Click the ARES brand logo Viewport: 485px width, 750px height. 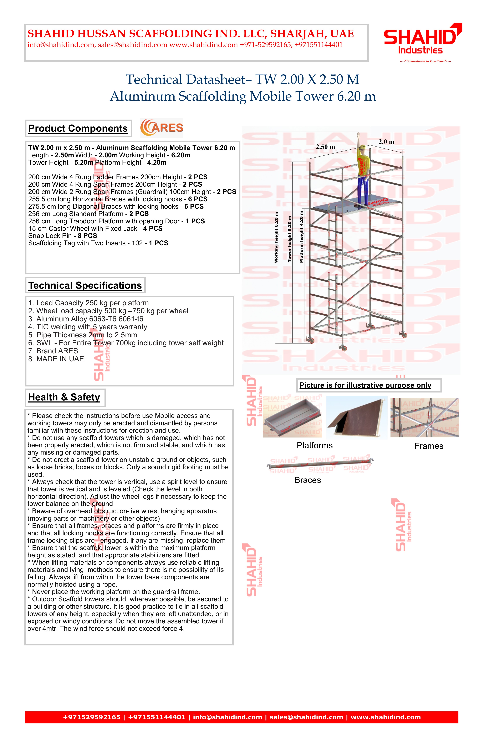click(x=162, y=128)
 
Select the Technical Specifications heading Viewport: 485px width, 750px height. click(x=85, y=285)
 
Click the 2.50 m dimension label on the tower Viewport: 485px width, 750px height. click(x=325, y=147)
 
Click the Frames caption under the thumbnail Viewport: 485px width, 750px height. click(x=429, y=446)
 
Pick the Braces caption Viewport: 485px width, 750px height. click(x=308, y=480)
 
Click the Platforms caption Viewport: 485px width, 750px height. click(x=315, y=446)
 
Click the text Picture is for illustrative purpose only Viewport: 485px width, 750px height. click(x=365, y=385)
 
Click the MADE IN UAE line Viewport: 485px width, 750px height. click(x=56, y=359)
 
